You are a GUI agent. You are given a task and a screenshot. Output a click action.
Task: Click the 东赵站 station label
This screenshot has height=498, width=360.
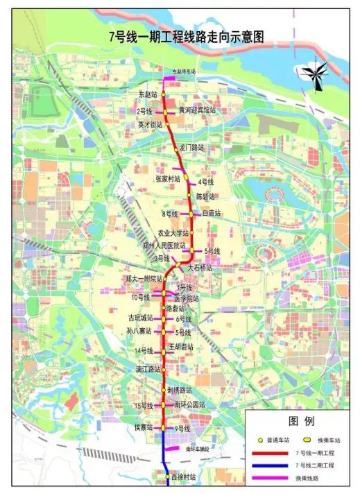[148, 94]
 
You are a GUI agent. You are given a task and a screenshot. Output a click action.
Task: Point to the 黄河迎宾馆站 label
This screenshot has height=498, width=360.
[197, 110]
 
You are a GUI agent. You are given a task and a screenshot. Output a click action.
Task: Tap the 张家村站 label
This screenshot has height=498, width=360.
[168, 178]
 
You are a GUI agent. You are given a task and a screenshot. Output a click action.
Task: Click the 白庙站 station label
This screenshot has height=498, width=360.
[211, 213]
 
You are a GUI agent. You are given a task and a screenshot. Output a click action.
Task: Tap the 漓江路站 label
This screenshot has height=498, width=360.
[148, 370]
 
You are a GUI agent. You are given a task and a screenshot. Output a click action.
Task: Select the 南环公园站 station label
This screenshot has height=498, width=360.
[190, 404]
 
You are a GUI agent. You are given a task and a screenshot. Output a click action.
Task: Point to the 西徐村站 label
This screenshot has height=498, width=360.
[184, 478]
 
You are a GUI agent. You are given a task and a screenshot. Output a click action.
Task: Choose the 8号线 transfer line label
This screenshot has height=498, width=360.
[170, 214]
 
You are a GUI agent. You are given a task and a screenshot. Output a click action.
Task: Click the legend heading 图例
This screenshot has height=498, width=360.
[301, 421]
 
